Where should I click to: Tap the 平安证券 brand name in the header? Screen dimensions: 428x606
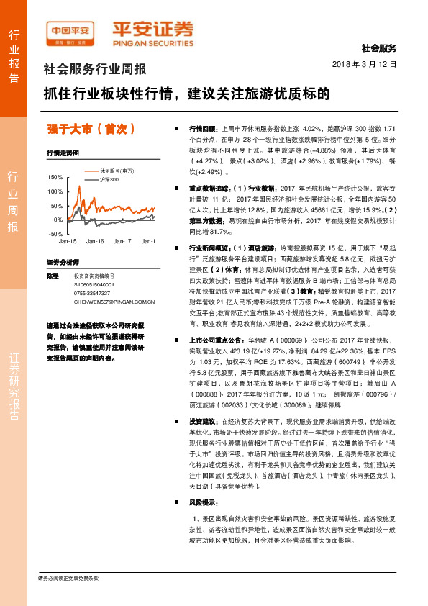[153, 30]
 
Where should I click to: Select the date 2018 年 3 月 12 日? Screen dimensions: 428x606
[365, 65]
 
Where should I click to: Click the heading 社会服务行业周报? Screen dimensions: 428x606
[96, 70]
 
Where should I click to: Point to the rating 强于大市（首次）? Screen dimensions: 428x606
[91, 130]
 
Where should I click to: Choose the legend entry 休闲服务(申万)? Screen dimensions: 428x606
[117, 171]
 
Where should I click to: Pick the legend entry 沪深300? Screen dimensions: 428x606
[109, 178]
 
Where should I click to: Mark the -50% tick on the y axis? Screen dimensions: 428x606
[55, 234]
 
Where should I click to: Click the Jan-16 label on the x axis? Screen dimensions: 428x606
[95, 241]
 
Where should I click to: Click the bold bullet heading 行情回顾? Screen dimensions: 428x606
[202, 125]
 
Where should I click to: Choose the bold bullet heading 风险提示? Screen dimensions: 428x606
[202, 502]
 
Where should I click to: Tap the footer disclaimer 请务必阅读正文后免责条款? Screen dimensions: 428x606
[68, 597]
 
